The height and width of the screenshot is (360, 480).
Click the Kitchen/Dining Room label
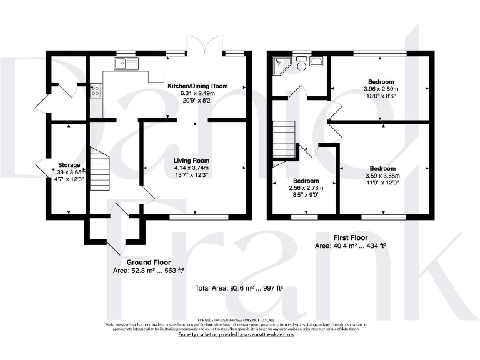point(197,86)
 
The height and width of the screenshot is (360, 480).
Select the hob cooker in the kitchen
point(97,91)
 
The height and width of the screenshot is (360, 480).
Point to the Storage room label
point(69,165)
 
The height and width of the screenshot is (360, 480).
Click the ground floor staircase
point(100,169)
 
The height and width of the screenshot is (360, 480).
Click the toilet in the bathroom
point(301,64)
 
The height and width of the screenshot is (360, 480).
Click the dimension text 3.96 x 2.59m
point(381,89)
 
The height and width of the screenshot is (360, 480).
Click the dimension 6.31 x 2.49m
point(197,93)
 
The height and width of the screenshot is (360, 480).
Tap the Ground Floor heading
point(149,262)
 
